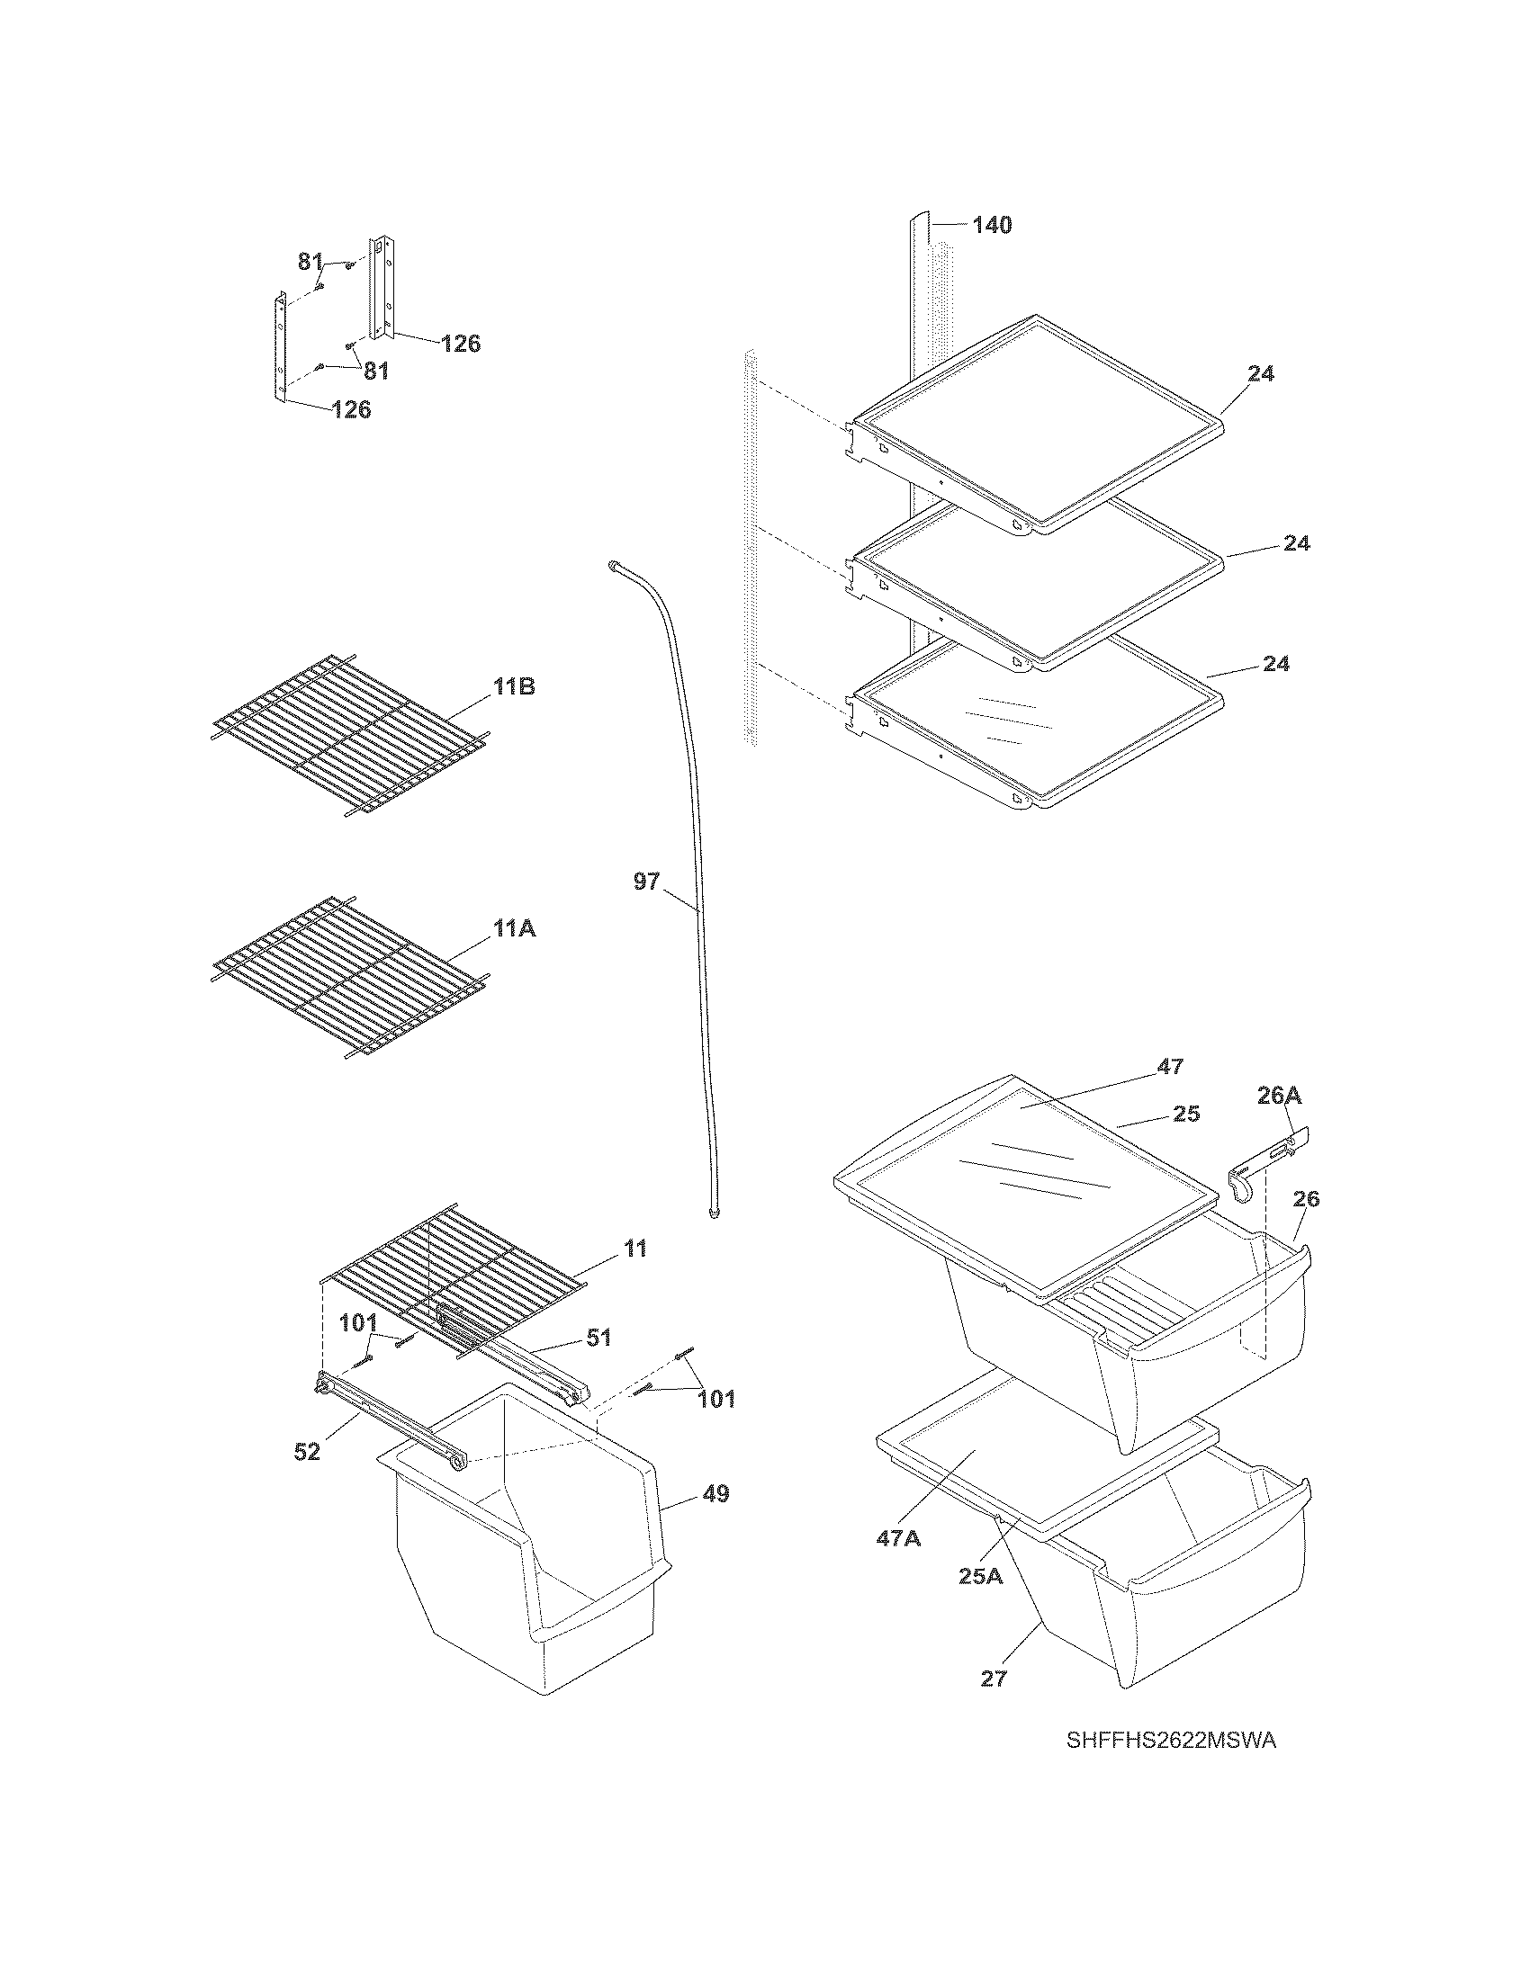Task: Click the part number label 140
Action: click(992, 225)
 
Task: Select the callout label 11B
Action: click(514, 687)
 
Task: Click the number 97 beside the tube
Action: click(646, 881)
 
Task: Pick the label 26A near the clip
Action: click(1279, 1096)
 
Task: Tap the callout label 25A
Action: click(981, 1576)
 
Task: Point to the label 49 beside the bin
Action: click(716, 1493)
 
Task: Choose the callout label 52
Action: click(307, 1452)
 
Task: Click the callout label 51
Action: click(598, 1337)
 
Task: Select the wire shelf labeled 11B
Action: click(349, 734)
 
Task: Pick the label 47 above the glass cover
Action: click(1170, 1067)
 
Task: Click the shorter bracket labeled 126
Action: click(282, 345)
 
